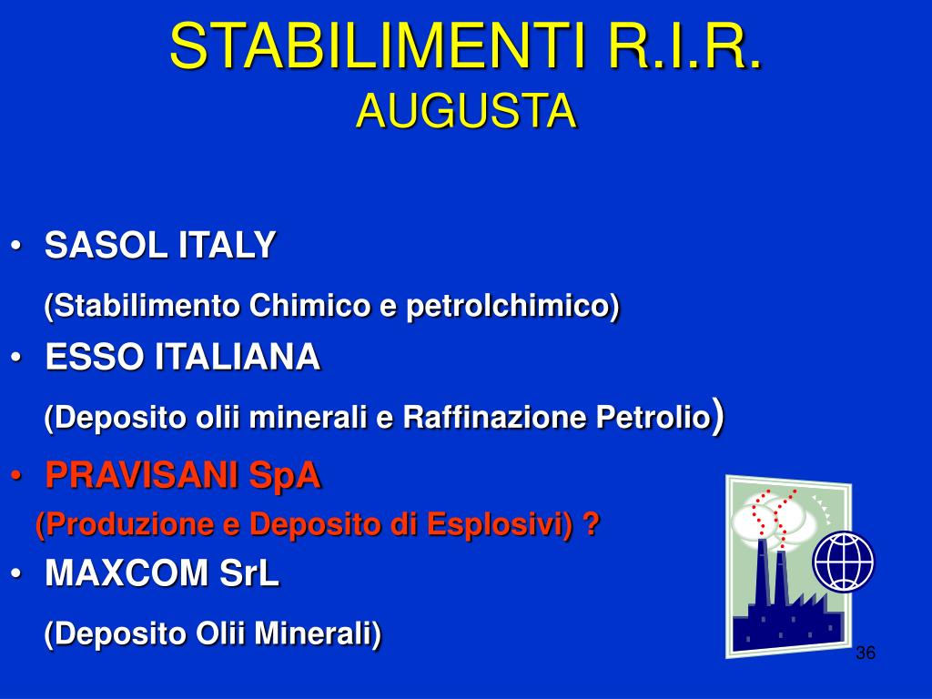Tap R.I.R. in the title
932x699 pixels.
tap(684, 46)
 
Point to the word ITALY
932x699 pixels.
tap(227, 244)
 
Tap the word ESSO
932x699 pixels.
tap(95, 357)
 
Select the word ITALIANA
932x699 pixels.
tap(238, 357)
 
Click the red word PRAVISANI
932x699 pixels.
tap(142, 475)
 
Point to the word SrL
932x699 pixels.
tap(249, 573)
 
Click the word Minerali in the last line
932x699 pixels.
tap(318, 633)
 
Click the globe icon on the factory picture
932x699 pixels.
tap(844, 561)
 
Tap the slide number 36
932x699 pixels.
tap(866, 653)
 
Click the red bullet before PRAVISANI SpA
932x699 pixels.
tap(16, 475)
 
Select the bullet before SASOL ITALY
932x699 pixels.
tap(16, 245)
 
